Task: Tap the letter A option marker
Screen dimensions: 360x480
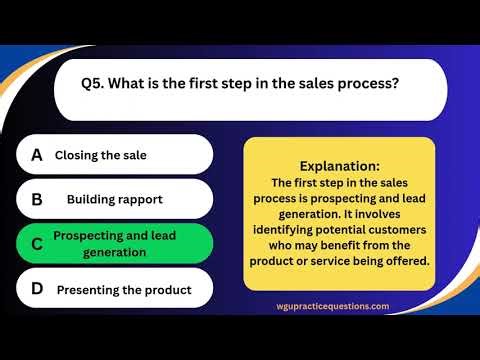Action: [x=37, y=155]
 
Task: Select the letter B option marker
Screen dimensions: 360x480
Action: [x=37, y=199]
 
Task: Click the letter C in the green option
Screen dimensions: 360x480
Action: [x=37, y=244]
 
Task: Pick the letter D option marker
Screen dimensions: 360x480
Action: [x=37, y=289]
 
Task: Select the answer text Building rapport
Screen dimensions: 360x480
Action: [x=114, y=199]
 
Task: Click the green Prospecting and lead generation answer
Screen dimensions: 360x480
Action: [x=114, y=244]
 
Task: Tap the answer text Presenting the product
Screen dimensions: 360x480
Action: [x=123, y=290]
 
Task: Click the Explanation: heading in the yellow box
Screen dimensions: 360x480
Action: [x=339, y=165]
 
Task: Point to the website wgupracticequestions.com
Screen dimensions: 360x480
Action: [x=334, y=306]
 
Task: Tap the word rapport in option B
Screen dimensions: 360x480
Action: [x=141, y=199]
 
